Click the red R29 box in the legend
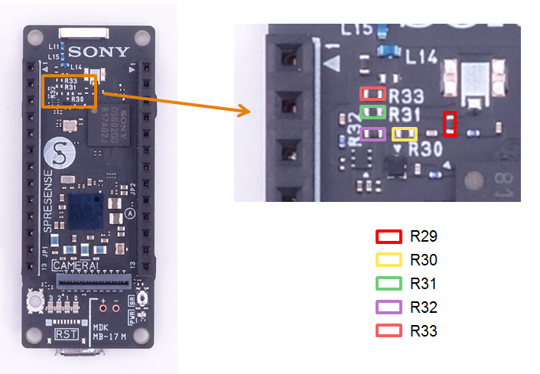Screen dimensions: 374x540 point(388,236)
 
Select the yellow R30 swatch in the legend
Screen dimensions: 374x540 point(388,260)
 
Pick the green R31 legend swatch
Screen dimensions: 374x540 point(388,284)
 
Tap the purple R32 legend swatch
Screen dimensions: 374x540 point(388,307)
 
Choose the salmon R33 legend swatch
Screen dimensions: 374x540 point(388,331)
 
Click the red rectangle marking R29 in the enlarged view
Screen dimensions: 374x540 point(451,124)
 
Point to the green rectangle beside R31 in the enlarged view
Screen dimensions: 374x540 point(372,113)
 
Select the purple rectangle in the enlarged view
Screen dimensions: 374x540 point(372,135)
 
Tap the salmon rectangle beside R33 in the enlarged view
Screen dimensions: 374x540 point(372,94)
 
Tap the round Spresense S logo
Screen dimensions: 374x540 point(59,154)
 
